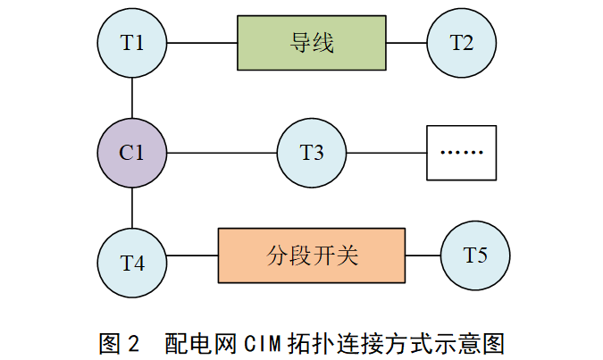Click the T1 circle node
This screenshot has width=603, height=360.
(x=132, y=42)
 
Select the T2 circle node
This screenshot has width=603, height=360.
(x=462, y=42)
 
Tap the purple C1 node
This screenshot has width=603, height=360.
(x=132, y=153)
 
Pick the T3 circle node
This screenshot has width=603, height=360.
(x=312, y=153)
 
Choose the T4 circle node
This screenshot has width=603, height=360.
(x=132, y=263)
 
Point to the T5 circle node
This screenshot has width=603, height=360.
(x=475, y=255)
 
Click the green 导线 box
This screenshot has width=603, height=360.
(x=312, y=43)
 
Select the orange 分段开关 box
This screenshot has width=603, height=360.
(x=312, y=256)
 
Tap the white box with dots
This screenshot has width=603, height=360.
(x=461, y=153)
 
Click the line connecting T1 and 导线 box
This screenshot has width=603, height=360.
(x=202, y=43)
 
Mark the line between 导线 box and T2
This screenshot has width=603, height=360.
(x=406, y=43)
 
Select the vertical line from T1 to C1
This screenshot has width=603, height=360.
(x=132, y=97)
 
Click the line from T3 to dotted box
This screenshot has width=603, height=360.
(x=387, y=153)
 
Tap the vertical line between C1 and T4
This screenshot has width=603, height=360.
(x=132, y=207)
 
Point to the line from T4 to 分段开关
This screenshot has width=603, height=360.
(x=193, y=257)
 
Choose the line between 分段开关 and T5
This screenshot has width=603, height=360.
(x=423, y=256)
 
